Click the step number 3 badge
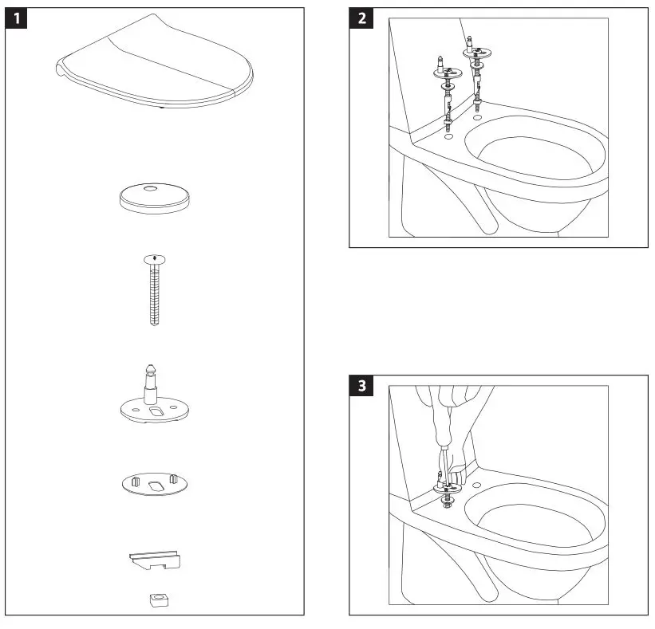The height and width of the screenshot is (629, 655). pos(363,386)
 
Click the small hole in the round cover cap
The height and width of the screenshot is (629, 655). pos(152,189)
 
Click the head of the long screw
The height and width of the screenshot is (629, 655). pos(154,258)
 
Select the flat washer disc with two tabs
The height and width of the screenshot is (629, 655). pos(155,483)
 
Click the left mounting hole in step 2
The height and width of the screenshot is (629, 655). pos(449,136)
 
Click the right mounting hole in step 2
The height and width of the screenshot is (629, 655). pos(477,118)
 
